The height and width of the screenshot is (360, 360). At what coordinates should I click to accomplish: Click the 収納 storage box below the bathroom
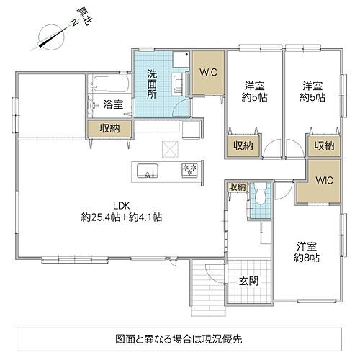coord(110,128)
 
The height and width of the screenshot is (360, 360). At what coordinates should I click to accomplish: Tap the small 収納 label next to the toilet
coord(237,187)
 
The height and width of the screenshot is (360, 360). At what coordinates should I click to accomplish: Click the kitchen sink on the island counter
coord(147,171)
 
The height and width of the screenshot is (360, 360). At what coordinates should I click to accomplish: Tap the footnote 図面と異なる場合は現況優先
coord(179,338)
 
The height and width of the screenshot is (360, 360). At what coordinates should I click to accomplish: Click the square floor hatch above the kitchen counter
coord(171,149)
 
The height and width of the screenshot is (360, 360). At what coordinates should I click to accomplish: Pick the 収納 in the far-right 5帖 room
coord(323,145)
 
